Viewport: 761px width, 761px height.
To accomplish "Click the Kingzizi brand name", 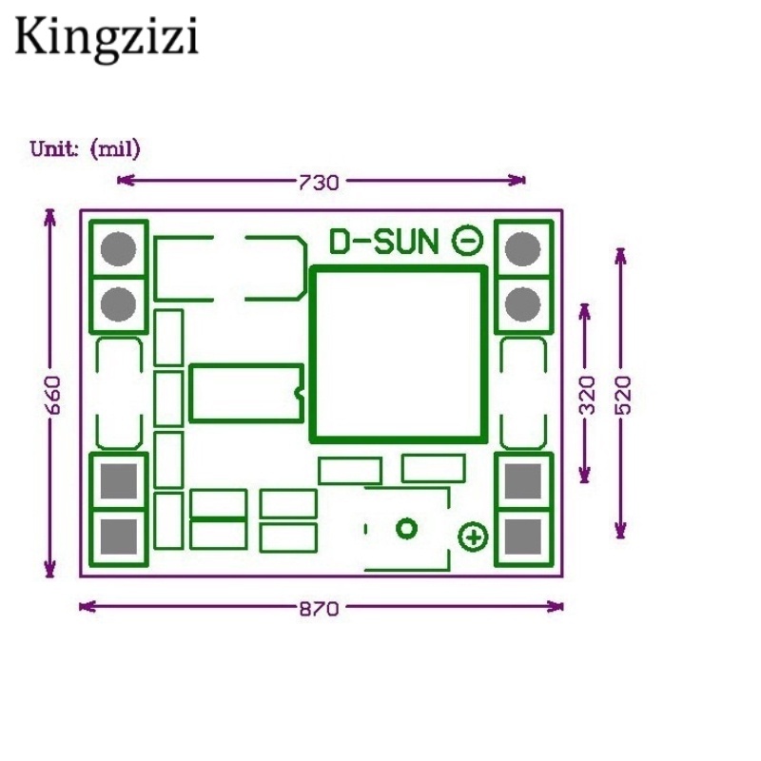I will click(x=107, y=39).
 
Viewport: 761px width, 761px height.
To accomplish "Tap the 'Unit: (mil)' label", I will click(x=86, y=148).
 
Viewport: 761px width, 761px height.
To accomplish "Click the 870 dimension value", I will click(x=319, y=609).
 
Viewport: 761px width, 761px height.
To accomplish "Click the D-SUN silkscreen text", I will click(x=383, y=243).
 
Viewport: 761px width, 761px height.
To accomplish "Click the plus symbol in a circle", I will click(x=473, y=537).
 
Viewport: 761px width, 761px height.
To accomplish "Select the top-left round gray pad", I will click(x=118, y=249).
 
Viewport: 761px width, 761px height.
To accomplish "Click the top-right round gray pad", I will click(x=523, y=249).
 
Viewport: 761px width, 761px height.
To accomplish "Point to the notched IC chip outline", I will click(x=246, y=392).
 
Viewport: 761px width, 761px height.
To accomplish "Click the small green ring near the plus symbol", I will click(x=407, y=529).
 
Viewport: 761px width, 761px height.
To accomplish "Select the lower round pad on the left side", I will click(x=118, y=304).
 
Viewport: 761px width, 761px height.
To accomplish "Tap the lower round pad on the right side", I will click(x=523, y=304).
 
